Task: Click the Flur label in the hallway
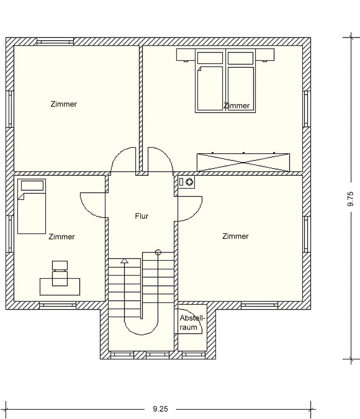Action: click(141, 216)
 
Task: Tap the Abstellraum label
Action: click(192, 322)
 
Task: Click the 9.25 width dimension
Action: click(160, 409)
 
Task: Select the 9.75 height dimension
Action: click(350, 199)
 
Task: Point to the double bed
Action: click(225, 81)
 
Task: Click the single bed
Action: click(31, 206)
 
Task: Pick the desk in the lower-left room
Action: click(60, 287)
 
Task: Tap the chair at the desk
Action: click(60, 274)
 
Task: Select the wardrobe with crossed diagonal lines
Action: click(243, 162)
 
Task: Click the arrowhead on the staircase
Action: click(124, 261)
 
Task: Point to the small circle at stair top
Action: click(158, 252)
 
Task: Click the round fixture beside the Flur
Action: click(189, 182)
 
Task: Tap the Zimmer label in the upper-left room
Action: click(64, 104)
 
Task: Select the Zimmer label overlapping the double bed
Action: click(237, 105)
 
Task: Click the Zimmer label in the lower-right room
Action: click(236, 236)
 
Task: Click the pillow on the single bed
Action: click(32, 186)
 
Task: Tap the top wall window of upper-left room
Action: click(55, 42)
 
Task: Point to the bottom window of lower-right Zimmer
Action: click(260, 305)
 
